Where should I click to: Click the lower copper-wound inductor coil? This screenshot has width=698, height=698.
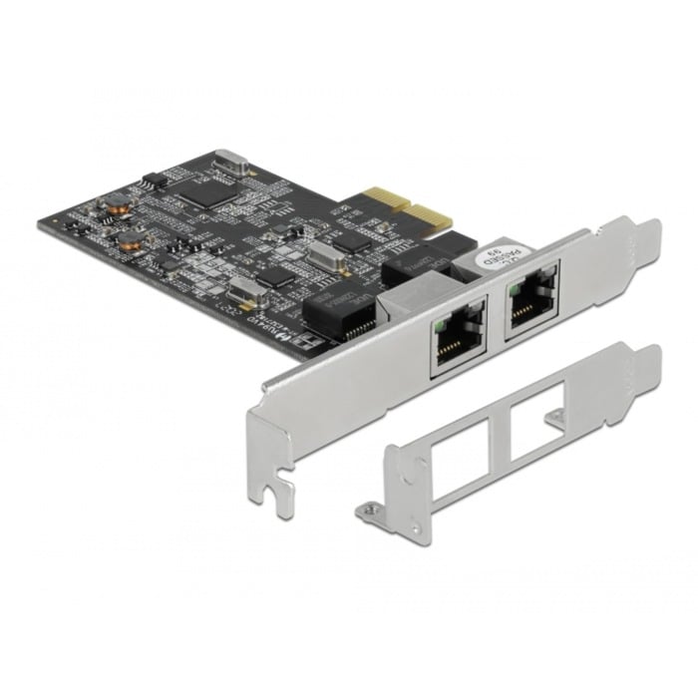click(157, 242)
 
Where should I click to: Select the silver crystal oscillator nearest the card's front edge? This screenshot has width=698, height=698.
click(242, 290)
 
